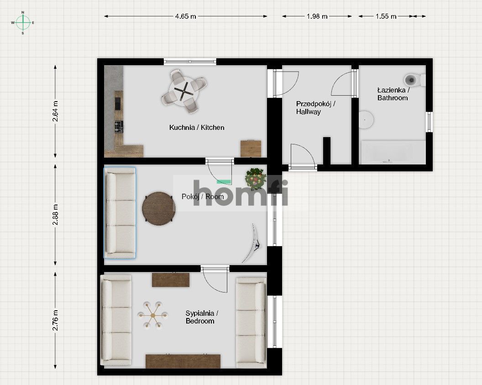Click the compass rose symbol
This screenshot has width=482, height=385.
[23, 23]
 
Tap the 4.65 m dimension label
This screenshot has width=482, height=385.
[185, 16]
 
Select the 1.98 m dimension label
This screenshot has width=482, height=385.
[317, 16]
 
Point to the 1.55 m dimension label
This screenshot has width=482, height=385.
[386, 16]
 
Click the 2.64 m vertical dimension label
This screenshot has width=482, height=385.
[55, 111]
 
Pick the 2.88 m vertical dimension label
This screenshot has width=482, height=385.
[55, 215]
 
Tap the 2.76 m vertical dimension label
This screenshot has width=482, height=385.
[55, 320]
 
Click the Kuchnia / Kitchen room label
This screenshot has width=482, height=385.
[197, 127]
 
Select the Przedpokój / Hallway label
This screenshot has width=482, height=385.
[315, 108]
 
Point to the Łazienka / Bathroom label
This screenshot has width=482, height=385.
[393, 94]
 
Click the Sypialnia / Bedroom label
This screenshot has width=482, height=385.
[202, 317]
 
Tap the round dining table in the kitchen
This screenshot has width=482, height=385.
[184, 91]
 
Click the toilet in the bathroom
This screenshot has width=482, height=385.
[414, 80]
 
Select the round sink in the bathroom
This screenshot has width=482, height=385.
[366, 119]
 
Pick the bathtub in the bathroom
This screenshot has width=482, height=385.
[393, 152]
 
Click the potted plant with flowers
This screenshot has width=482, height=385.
[256, 179]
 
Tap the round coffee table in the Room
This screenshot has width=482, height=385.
[159, 209]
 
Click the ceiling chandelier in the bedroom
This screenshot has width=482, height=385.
[152, 315]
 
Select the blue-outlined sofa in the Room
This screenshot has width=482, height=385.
[120, 213]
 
